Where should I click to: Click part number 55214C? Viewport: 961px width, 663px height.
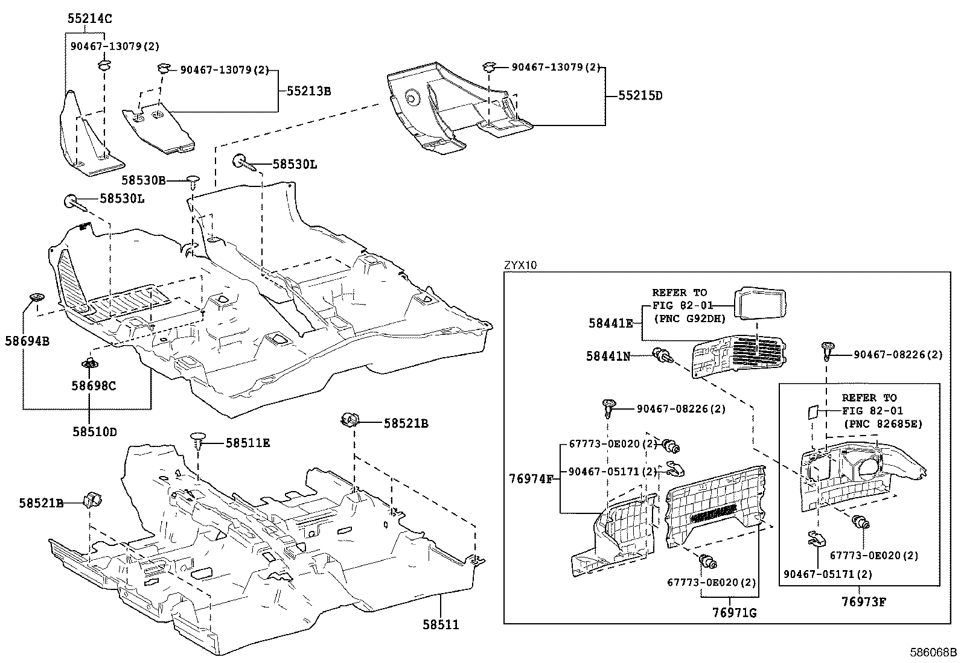coord(89,19)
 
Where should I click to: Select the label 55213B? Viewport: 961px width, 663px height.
coord(308,91)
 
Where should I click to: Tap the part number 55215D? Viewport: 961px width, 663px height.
coord(640,95)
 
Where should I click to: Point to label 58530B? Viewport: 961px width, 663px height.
coord(143,180)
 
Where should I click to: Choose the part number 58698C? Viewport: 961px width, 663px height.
coord(93,385)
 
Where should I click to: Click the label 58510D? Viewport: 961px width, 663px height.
coord(94,431)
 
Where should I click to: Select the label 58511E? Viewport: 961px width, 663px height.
coord(247,443)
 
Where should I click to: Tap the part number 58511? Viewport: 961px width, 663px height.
coord(440,624)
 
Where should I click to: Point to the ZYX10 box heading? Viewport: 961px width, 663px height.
coord(520,265)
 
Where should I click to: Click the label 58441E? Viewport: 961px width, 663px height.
coord(610,323)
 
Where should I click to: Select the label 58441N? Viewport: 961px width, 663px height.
coord(608,356)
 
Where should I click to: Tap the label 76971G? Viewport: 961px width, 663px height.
coord(734,613)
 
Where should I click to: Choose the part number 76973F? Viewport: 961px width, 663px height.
coord(863,601)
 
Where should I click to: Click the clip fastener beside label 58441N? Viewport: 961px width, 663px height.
coord(662,356)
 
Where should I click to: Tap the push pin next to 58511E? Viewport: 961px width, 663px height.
coord(199,440)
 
